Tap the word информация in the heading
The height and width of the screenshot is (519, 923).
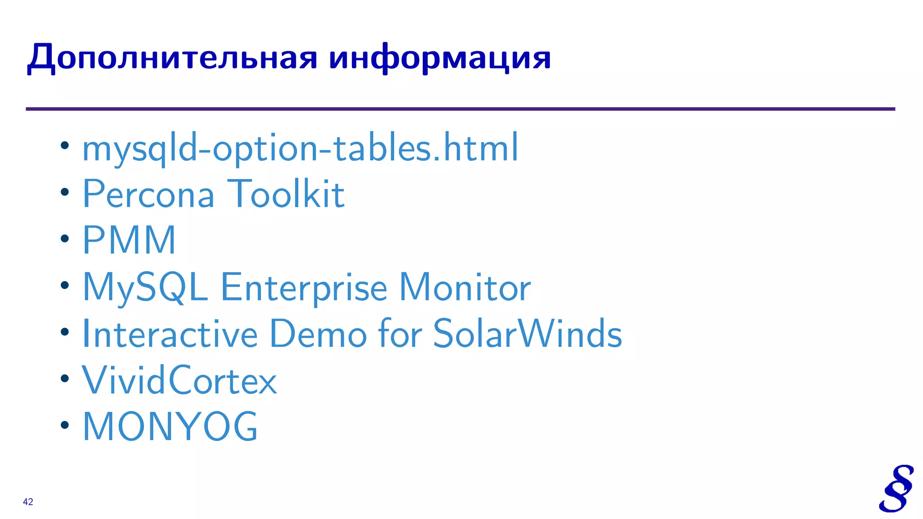tap(439, 58)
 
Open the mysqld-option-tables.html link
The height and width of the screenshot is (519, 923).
tap(300, 148)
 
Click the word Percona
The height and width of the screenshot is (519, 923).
tap(148, 194)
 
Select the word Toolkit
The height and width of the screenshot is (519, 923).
tap(286, 194)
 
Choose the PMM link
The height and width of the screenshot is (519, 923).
tap(129, 241)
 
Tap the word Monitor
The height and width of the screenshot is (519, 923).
tap(465, 287)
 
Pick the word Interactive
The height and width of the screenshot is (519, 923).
tap(170, 334)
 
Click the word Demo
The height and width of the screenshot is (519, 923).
tap(318, 334)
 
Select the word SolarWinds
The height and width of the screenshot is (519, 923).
tap(527, 334)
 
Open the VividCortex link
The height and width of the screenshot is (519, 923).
tap(179, 381)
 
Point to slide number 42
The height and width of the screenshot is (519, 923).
tap(28, 502)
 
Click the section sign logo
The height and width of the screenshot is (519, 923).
tap(896, 488)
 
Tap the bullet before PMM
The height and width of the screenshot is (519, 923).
tap(65, 238)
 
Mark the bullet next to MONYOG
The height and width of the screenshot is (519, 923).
tap(65, 424)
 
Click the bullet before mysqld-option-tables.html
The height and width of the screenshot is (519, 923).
tap(65, 145)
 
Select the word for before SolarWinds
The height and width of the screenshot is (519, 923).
tap(400, 334)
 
